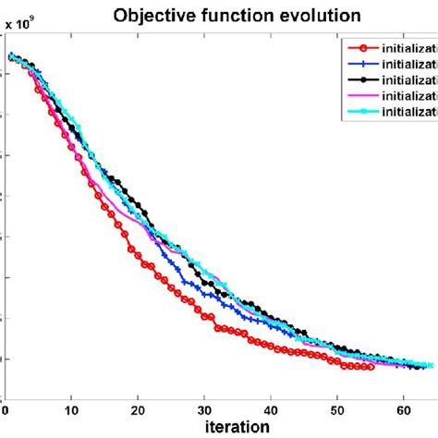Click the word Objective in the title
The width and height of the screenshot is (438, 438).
[x=150, y=15]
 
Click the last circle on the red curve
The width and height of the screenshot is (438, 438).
[x=371, y=367]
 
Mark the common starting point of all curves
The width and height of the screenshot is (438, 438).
[x=11, y=57]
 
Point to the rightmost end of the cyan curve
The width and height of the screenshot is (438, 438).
[x=430, y=366]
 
